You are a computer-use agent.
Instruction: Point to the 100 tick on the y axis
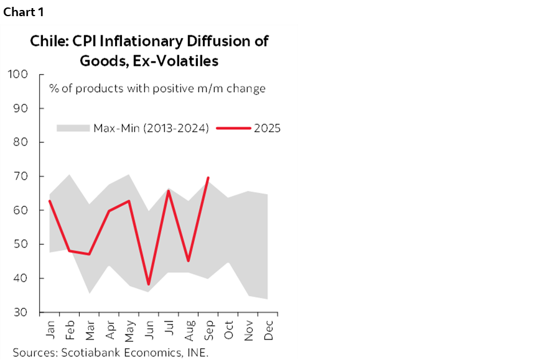click(x=17, y=75)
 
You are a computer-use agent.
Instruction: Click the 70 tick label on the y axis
click(x=20, y=177)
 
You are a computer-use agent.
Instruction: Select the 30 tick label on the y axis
click(x=20, y=312)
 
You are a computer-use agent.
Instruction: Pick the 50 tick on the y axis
click(x=20, y=244)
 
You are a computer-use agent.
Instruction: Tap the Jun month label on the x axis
click(x=149, y=328)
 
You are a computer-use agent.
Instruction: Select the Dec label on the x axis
click(x=269, y=328)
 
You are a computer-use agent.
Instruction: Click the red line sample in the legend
click(x=233, y=128)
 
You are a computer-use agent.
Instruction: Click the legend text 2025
click(x=268, y=128)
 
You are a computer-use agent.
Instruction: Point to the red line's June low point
click(x=149, y=284)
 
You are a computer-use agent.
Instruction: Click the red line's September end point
click(x=208, y=178)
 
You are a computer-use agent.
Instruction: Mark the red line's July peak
click(x=169, y=191)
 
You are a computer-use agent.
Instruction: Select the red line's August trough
click(x=189, y=261)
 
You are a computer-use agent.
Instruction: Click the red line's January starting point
click(x=50, y=201)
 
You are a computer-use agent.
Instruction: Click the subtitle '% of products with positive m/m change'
click(x=157, y=88)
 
